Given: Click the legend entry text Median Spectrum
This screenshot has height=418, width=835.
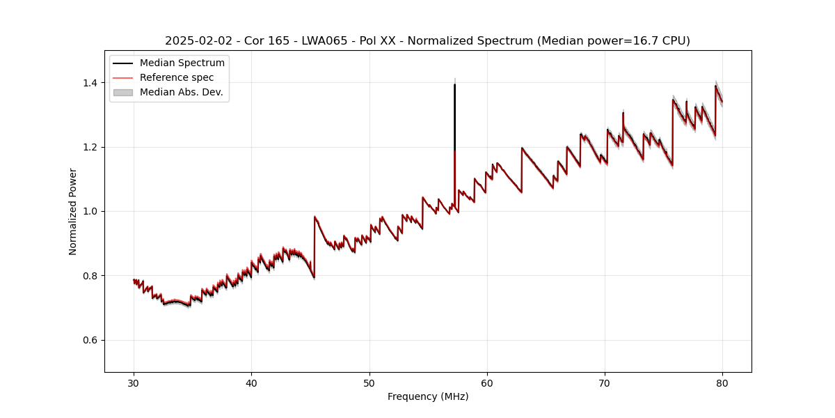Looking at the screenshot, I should [x=182, y=63].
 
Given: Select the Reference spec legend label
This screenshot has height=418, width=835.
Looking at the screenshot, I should [x=177, y=77].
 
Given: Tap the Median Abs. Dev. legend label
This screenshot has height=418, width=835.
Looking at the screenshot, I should [x=182, y=92].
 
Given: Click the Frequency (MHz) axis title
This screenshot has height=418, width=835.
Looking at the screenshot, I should [x=428, y=396].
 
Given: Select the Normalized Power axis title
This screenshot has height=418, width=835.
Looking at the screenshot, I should [x=73, y=211].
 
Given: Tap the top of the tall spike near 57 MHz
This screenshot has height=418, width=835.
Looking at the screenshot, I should [x=454, y=85].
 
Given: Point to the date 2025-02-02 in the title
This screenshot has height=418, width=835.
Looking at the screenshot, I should [x=197, y=41].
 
